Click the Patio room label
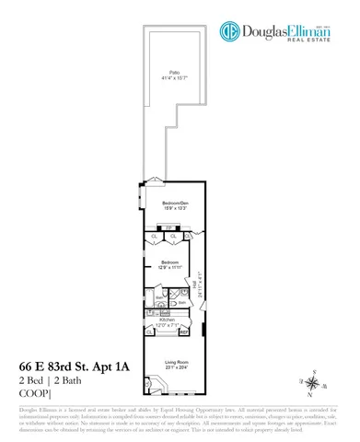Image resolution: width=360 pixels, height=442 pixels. (173, 72)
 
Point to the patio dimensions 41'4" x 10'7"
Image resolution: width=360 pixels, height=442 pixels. (173, 77)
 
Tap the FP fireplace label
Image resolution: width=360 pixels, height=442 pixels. (168, 227)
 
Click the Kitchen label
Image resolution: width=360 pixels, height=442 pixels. (166, 320)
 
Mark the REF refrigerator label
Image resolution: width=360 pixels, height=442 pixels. (184, 331)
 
